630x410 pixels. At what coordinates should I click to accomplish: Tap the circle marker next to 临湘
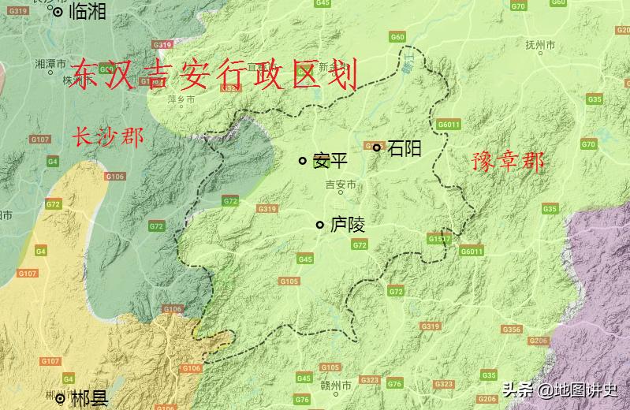pyautogui.click(x=58, y=12)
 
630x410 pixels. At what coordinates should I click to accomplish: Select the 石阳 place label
pyautogui.click(x=404, y=147)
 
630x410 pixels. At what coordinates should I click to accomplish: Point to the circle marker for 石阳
pyautogui.click(x=377, y=147)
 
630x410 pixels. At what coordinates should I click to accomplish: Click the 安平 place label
pyautogui.click(x=330, y=161)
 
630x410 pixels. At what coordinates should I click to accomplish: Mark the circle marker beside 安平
pyautogui.click(x=302, y=161)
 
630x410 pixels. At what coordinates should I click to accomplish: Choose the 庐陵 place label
pyautogui.click(x=347, y=225)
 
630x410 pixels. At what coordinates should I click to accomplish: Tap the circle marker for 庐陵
pyautogui.click(x=319, y=225)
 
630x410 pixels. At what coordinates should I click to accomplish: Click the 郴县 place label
pyautogui.click(x=89, y=399)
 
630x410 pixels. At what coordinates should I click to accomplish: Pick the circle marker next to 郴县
pyautogui.click(x=60, y=399)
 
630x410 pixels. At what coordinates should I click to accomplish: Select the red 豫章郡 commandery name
pyautogui.click(x=508, y=162)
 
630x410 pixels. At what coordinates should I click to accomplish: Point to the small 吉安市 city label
pyautogui.click(x=341, y=185)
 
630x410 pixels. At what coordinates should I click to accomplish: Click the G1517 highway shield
pyautogui.click(x=439, y=238)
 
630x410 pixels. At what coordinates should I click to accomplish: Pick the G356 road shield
pyautogui.click(x=511, y=330)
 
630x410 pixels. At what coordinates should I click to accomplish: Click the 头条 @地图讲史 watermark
pyautogui.click(x=560, y=389)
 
